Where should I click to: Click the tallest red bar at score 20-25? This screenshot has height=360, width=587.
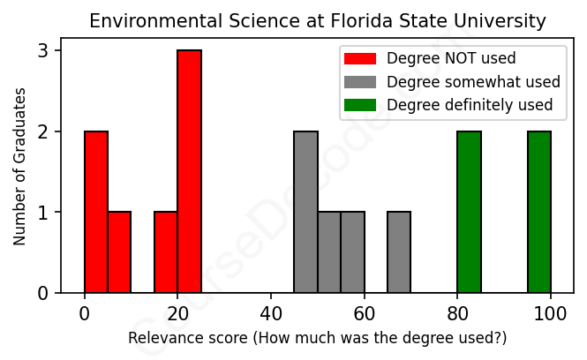click(x=189, y=171)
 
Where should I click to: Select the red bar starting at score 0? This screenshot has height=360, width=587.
click(x=96, y=212)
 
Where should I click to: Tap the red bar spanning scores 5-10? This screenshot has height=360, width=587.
click(x=119, y=252)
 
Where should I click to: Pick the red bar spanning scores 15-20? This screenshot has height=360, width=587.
click(x=166, y=252)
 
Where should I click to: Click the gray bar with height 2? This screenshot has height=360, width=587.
click(x=305, y=212)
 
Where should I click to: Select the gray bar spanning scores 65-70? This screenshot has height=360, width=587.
click(x=399, y=252)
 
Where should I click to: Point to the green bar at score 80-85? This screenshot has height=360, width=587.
click(x=469, y=212)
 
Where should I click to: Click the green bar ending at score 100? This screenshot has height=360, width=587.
click(x=539, y=212)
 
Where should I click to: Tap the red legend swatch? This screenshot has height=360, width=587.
click(x=360, y=59)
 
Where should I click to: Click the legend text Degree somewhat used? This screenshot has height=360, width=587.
click(x=473, y=82)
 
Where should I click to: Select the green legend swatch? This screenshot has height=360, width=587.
click(x=360, y=106)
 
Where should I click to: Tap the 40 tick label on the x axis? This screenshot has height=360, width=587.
click(x=271, y=315)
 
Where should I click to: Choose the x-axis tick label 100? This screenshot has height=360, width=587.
click(x=551, y=315)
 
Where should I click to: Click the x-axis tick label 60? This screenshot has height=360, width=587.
click(x=365, y=315)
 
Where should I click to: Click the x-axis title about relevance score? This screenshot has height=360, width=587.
click(x=318, y=338)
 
